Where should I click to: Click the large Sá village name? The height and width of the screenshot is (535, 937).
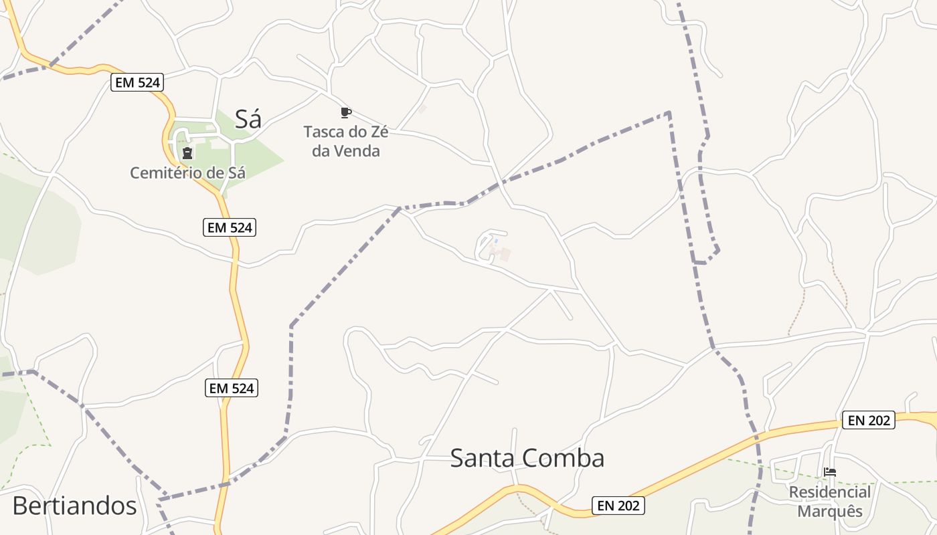pos(248,119)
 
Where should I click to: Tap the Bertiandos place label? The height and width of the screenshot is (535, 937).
pos(74,506)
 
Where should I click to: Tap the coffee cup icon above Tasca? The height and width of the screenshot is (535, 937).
pos(345,112)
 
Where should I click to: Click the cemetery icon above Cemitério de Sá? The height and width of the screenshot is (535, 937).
pos(187,154)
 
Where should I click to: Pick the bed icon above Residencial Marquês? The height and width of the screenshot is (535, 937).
pos(830,472)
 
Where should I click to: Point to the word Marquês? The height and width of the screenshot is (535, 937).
pos(830,511)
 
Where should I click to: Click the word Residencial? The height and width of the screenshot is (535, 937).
pos(830,492)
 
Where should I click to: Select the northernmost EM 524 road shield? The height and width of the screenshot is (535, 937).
pos(137,82)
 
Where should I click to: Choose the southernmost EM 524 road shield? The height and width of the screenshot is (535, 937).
pos(232,388)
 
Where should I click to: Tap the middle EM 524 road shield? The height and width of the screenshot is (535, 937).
pos(230,227)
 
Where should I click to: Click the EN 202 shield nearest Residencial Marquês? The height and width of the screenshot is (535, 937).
pos(868,420)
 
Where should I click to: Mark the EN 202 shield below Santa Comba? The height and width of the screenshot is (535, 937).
pos(618,506)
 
